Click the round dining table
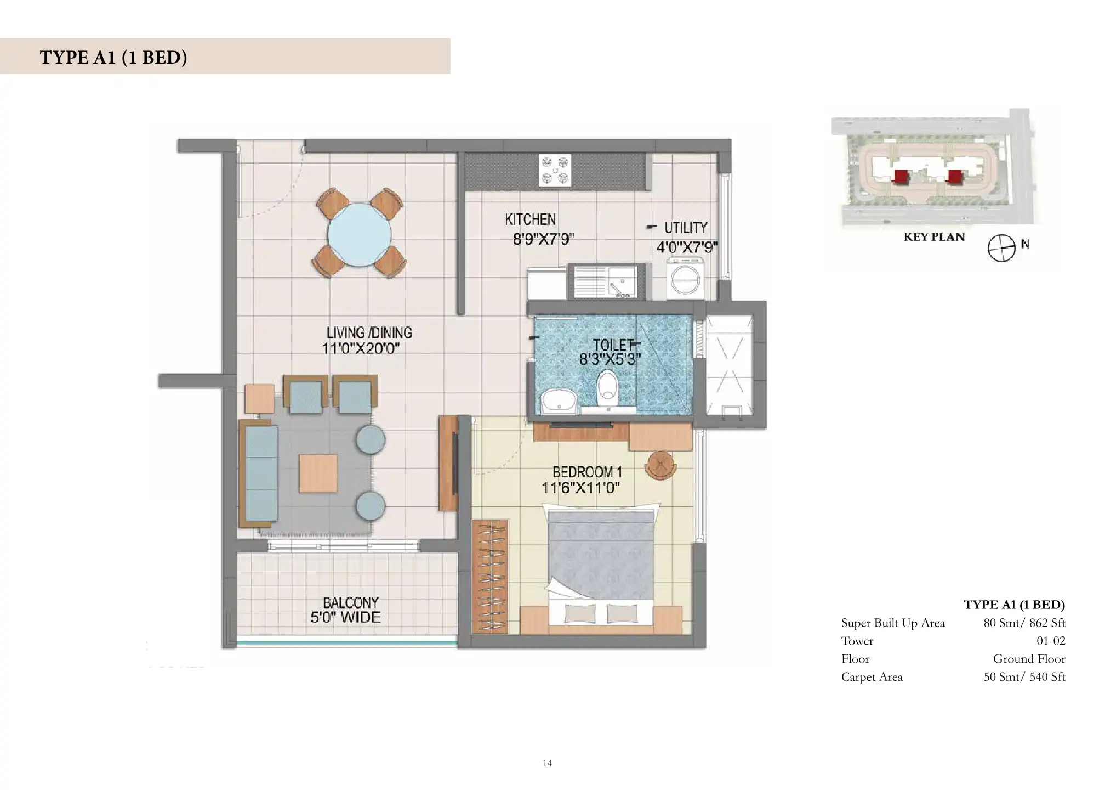pyautogui.click(x=360, y=235)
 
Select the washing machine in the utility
pyautogui.click(x=685, y=279)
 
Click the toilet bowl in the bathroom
pyautogui.click(x=607, y=387)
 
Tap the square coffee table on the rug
pyautogui.click(x=318, y=473)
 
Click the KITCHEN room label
pyautogui.click(x=530, y=219)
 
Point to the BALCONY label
pyautogui.click(x=350, y=602)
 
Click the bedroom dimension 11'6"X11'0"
pyautogui.click(x=580, y=487)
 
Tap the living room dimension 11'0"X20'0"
pyautogui.click(x=361, y=348)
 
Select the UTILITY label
pyautogui.click(x=686, y=228)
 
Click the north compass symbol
pyautogui.click(x=1001, y=249)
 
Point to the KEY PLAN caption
pyautogui.click(x=934, y=237)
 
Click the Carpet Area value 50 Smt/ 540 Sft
pyautogui.click(x=1024, y=677)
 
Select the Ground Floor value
pyautogui.click(x=1029, y=659)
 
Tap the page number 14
pyautogui.click(x=547, y=763)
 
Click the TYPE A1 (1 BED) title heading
pyautogui.click(x=113, y=57)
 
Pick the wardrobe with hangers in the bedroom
pyautogui.click(x=489, y=577)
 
